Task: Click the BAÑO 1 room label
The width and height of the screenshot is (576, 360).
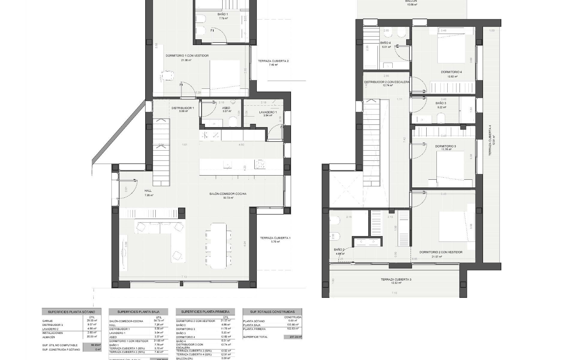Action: coord(223,14)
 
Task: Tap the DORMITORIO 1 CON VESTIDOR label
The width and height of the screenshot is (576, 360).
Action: coord(187,56)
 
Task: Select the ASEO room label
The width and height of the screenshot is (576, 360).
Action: coord(226,108)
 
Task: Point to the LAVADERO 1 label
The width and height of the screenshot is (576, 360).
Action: coord(268,112)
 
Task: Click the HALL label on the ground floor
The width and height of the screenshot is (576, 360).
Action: coord(148,191)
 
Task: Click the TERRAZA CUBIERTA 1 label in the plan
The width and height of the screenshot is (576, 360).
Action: coord(275,238)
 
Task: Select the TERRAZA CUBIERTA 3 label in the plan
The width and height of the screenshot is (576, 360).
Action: coord(396,280)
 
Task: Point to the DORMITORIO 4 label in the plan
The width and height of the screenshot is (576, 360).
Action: coord(451,72)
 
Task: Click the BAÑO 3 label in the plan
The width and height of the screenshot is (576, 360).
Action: coord(441,103)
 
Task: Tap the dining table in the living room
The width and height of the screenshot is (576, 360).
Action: coord(218,245)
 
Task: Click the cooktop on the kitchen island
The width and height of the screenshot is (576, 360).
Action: coord(260,164)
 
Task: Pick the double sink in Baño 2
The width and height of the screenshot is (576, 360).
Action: coord(368,241)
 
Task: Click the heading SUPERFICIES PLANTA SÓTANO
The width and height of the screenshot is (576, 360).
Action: coord(71,312)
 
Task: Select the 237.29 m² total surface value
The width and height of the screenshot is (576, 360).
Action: coord(292,337)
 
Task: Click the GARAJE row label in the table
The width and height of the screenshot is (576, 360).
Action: coord(48,321)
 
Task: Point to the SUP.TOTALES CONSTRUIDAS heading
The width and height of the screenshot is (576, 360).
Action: coord(272,312)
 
